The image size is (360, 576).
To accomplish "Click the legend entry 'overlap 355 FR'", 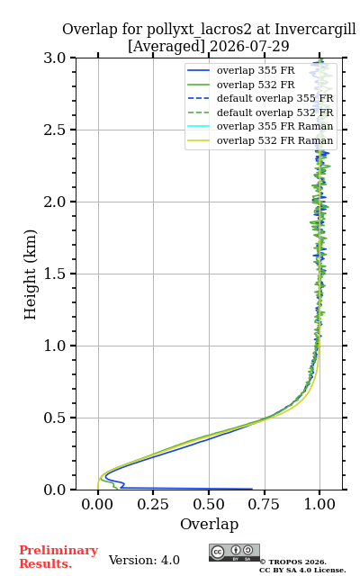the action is [241, 70].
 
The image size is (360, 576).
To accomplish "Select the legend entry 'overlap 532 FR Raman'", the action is [260, 140].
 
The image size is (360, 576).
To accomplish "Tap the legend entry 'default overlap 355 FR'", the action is [260, 98].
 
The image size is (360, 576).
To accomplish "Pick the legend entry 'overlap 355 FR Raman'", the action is [260, 126].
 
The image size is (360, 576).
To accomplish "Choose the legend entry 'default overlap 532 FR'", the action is [260, 112].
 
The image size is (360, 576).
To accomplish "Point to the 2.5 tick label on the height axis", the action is [55, 130].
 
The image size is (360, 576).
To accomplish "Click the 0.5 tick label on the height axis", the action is [55, 418].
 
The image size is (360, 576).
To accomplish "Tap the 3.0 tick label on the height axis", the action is [55, 58].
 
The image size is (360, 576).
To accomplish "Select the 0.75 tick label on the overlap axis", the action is [264, 504].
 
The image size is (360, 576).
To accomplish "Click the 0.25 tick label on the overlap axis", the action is [153, 504].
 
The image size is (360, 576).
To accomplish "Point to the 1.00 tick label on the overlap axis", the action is [319, 504].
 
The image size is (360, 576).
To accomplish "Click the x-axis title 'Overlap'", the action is [210, 524].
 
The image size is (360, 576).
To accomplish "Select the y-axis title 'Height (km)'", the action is [31, 274].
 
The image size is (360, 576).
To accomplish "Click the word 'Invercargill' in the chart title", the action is [316, 29].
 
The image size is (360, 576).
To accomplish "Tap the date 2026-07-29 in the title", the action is [250, 46].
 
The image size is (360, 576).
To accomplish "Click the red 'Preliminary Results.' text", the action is [58, 557].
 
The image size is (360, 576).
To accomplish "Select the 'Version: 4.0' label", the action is [144, 560].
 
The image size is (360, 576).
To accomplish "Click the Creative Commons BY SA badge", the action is [234, 553].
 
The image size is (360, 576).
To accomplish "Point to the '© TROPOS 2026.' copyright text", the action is [293, 562].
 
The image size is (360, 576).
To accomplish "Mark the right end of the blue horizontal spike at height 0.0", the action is [252, 489].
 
